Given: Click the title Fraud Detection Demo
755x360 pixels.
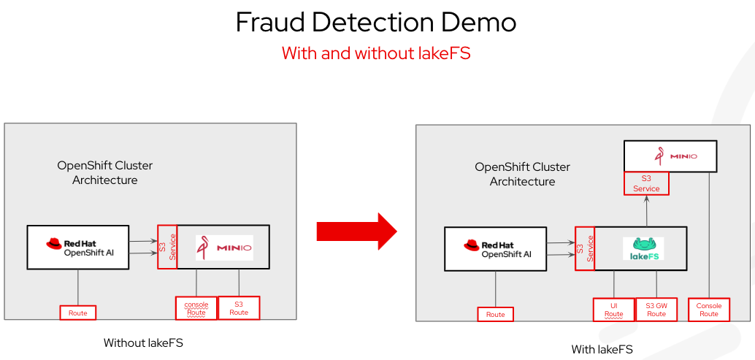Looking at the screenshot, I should pos(376,23).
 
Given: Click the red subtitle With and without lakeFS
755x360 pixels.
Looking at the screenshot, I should pos(376,53).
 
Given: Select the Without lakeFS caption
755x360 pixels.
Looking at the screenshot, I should pos(143,342).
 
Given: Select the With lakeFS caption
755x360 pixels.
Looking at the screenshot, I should pos(602,349).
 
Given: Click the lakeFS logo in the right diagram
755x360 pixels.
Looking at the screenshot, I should pos(643,248).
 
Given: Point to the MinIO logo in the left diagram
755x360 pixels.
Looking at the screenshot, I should pos(224,248).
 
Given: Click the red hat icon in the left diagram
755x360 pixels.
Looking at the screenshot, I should pos(53,245).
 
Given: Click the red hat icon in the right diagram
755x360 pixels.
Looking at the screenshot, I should pos(471,246).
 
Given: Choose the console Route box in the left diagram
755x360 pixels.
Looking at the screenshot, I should pos(196,308).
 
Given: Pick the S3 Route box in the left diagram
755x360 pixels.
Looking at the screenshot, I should pos(239,308).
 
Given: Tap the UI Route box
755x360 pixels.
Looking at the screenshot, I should pos(613,310).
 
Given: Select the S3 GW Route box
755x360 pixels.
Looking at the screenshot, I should pos(656,310).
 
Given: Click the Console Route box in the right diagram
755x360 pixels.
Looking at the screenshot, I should pos(708,310).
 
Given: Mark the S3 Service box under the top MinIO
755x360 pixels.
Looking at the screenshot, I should pos(646,183).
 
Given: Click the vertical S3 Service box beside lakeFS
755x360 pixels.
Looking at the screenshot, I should pos(585,248).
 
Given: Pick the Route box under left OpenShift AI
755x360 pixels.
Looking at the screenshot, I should pos(78,313).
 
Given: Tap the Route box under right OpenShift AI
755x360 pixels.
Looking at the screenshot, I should pos(496,314).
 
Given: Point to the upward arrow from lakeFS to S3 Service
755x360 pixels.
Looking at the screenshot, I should pos(646,210).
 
